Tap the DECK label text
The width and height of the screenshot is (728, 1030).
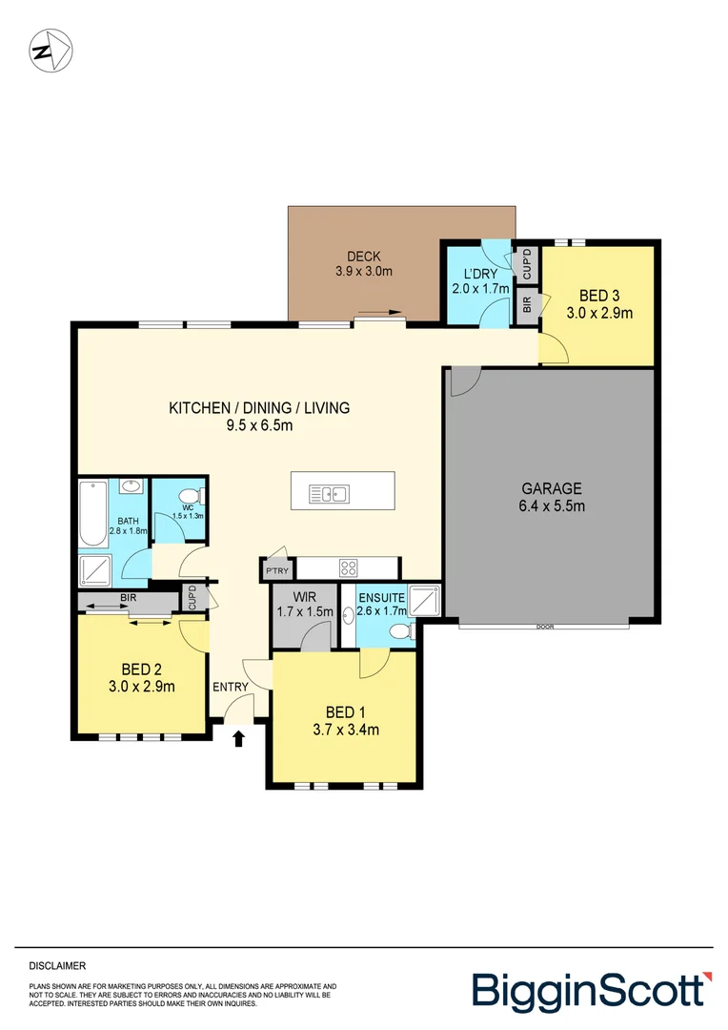(363, 256)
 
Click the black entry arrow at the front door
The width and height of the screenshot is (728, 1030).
(238, 736)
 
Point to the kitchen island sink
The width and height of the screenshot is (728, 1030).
(330, 493)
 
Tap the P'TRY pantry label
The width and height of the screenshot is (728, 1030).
(276, 570)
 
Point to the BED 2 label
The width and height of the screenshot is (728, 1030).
(141, 669)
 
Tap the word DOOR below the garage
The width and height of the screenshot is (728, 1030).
(544, 628)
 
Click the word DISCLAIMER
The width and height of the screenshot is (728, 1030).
(57, 966)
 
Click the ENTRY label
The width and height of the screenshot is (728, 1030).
(230, 687)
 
